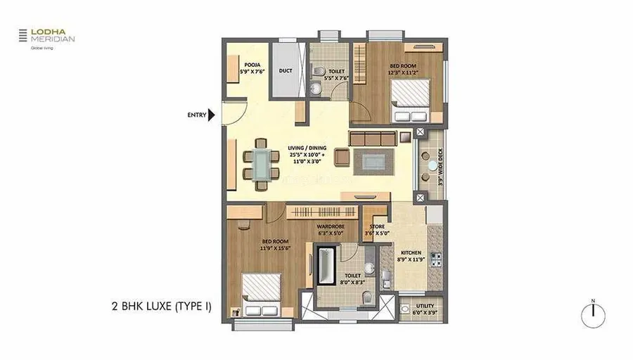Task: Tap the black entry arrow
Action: [x=212, y=115]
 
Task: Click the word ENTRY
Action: [x=197, y=115]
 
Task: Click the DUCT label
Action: [x=286, y=70]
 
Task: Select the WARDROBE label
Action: [x=330, y=229]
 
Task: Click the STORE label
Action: [x=377, y=229]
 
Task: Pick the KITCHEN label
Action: [x=411, y=256]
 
